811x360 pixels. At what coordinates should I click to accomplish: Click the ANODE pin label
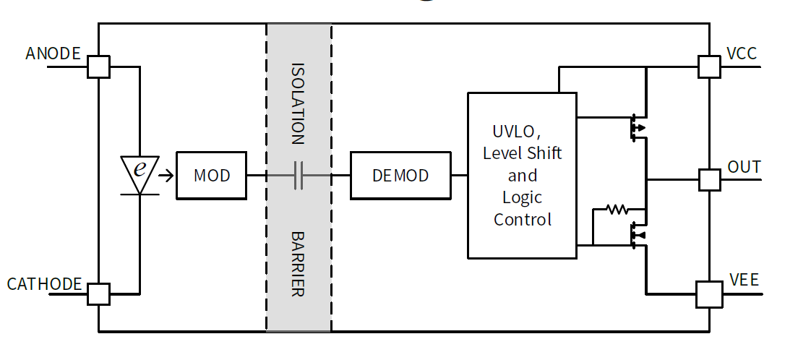tap(53, 53)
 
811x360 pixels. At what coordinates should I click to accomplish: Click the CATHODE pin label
tap(44, 284)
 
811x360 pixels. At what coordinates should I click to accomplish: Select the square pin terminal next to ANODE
tap(98, 67)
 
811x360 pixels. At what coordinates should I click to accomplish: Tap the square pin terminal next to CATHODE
tap(98, 294)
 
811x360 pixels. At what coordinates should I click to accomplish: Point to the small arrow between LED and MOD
tap(166, 175)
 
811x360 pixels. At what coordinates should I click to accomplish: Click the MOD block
tap(212, 175)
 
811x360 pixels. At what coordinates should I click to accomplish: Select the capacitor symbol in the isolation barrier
tap(299, 175)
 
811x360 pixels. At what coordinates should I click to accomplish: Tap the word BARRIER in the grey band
tap(298, 264)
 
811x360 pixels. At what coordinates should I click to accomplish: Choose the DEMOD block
tap(400, 175)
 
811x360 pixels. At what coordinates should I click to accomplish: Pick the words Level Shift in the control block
tap(522, 153)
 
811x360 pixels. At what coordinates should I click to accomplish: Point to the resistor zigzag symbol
tap(617, 210)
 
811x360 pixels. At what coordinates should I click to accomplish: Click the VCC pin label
tap(742, 53)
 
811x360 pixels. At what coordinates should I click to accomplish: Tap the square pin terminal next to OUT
tap(710, 179)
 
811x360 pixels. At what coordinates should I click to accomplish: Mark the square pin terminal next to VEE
tap(709, 294)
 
